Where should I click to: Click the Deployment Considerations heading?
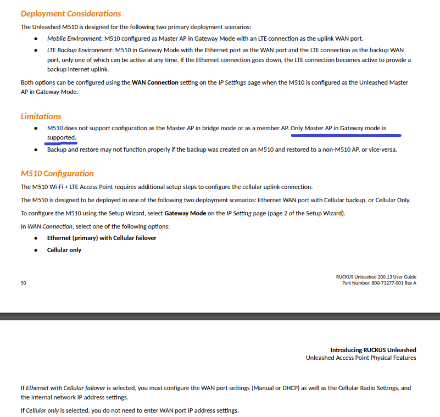[71, 13]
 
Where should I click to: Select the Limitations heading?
[41, 116]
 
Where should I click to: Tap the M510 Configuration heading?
[57, 174]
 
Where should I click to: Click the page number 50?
[24, 283]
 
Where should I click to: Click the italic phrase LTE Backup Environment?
[80, 50]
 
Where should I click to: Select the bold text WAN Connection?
[155, 82]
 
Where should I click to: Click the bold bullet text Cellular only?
[64, 250]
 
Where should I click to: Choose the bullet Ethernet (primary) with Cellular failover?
[102, 238]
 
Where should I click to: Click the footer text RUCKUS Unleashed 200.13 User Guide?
[376, 277]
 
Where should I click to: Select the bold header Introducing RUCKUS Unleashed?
[373, 350]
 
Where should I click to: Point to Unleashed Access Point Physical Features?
[361, 358]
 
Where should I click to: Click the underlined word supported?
[61, 137]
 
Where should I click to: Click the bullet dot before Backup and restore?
[36, 149]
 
